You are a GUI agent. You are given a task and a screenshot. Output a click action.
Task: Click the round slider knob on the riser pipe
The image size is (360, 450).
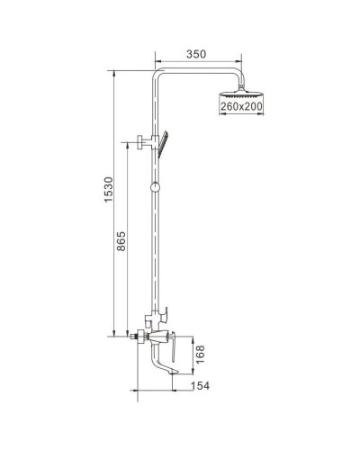pos(157,188)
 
